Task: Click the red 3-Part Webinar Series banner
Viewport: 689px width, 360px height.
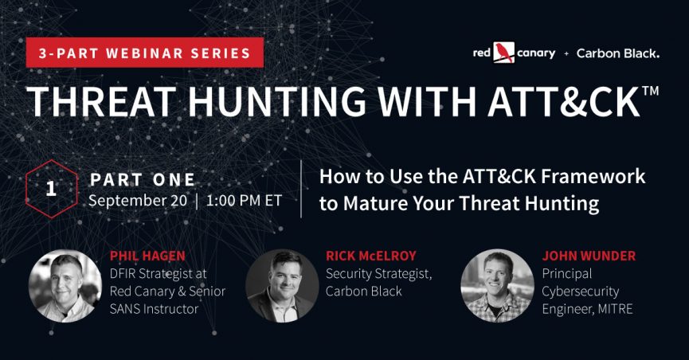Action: (144, 53)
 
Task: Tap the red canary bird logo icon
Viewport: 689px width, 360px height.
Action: (503, 53)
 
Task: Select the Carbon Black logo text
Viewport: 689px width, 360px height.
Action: (618, 53)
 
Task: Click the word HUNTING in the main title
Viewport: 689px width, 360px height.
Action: (277, 101)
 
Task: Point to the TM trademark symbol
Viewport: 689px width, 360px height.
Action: (650, 91)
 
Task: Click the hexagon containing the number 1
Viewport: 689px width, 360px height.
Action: (52, 189)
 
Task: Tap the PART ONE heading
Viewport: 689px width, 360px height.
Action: (143, 180)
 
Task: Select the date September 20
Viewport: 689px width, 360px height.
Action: (138, 201)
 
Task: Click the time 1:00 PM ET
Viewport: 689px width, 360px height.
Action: (244, 201)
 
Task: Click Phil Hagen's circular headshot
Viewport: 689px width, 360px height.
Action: (65, 286)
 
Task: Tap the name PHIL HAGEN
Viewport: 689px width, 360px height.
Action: (147, 256)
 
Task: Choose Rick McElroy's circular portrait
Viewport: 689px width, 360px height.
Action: (282, 286)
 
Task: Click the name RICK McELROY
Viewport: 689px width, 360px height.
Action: (371, 256)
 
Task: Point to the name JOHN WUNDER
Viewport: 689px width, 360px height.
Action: (589, 256)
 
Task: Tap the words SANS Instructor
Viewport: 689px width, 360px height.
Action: (154, 309)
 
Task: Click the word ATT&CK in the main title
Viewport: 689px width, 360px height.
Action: (564, 101)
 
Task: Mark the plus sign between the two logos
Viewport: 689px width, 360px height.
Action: (566, 53)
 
